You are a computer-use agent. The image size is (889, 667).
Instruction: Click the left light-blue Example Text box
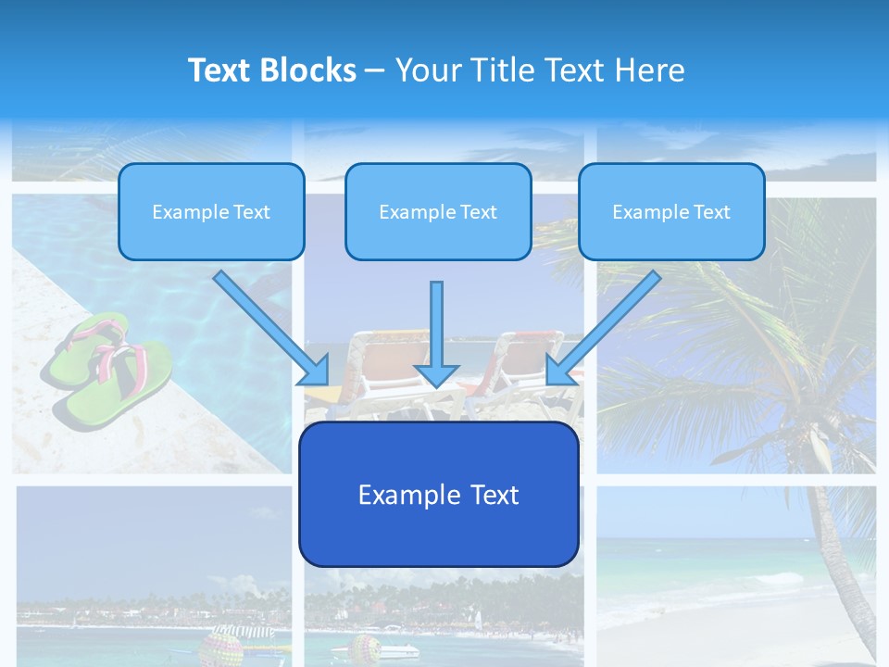pyautogui.click(x=211, y=211)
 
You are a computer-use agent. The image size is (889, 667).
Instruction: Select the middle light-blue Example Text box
pyautogui.click(x=438, y=211)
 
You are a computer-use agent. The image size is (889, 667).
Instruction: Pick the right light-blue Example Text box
pyautogui.click(x=671, y=211)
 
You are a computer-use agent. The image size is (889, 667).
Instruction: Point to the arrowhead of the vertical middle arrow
pyautogui.click(x=436, y=374)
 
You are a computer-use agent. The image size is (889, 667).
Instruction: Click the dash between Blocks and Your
pyautogui.click(x=375, y=71)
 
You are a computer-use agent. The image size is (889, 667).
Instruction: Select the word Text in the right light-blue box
pyautogui.click(x=711, y=211)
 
